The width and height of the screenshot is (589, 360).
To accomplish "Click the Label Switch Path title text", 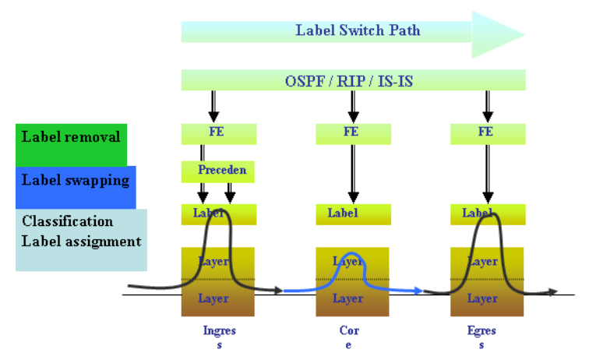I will tap(358, 31).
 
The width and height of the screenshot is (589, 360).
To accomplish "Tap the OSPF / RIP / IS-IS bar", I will tap(353, 80).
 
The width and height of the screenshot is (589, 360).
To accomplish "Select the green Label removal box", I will tap(71, 138).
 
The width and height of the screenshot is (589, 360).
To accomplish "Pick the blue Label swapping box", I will tap(76, 182).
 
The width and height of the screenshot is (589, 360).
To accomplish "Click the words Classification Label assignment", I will tap(81, 231).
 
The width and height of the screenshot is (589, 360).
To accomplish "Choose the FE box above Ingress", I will tap(218, 133).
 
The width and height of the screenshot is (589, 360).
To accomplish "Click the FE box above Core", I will tap(352, 133).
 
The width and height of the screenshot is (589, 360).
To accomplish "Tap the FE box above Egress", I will tap(487, 133).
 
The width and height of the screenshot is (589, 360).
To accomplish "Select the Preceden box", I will tap(218, 171).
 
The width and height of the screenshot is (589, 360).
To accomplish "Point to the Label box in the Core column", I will tap(352, 214).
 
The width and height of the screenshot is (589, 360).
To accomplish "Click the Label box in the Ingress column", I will tap(218, 214).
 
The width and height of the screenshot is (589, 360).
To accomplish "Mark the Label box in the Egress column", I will tap(487, 214).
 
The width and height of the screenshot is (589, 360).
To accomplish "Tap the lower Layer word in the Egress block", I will tap(483, 298).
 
